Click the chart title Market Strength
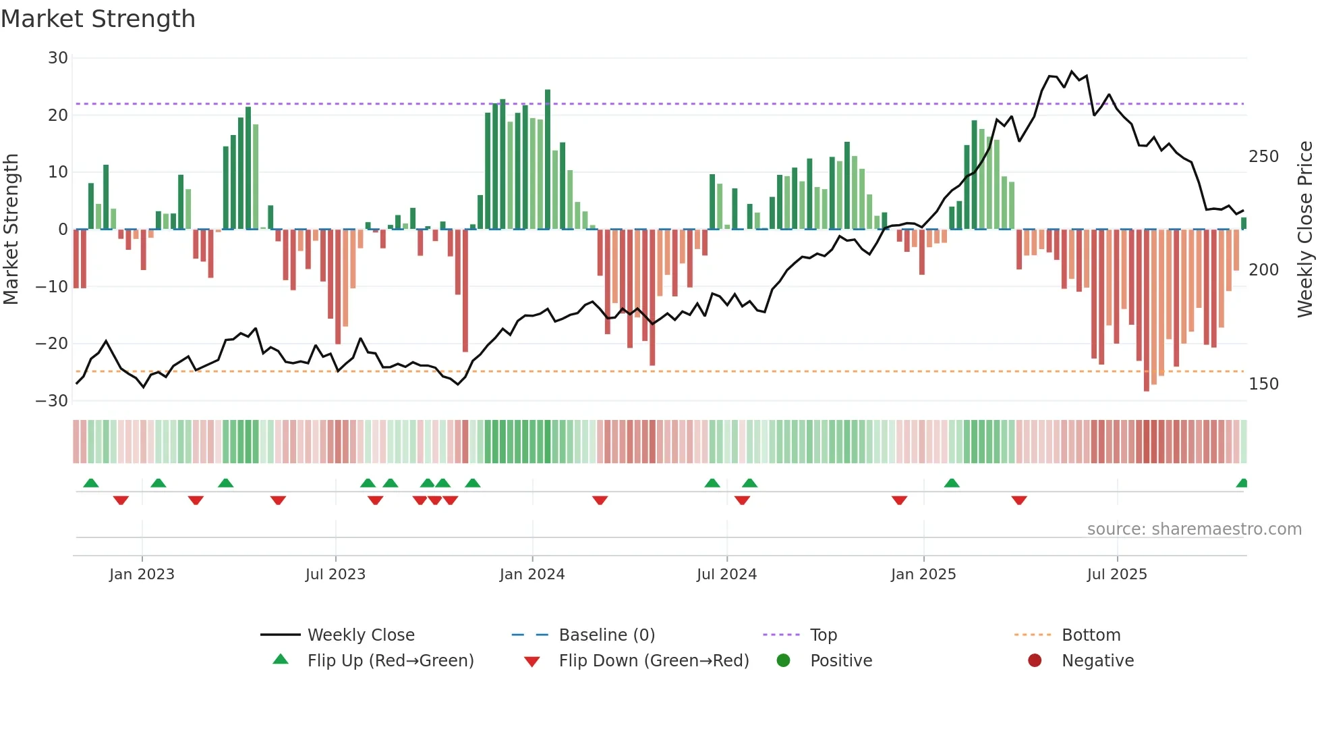point(98,19)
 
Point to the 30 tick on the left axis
point(58,58)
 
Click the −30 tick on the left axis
point(53,401)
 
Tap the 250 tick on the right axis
point(1263,157)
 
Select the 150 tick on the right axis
point(1263,384)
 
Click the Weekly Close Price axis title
point(1305,230)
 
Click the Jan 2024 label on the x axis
point(532,575)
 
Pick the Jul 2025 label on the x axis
point(1117,575)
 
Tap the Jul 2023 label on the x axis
point(335,575)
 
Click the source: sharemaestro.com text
point(1194,529)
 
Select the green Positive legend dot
point(783,660)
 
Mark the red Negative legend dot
point(1035,660)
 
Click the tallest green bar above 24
point(548,159)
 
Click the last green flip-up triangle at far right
point(1242,483)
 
